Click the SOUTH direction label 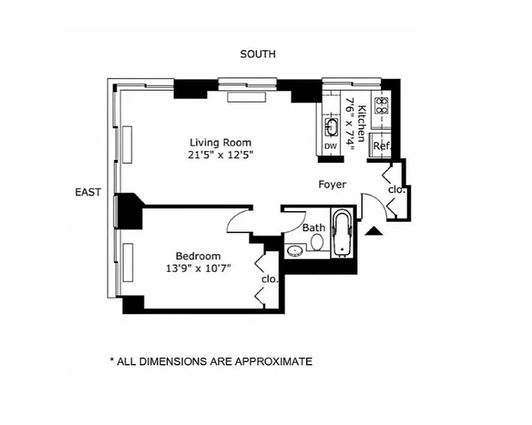258,54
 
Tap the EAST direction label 88,192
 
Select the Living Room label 221,142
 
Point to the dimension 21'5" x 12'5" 221,155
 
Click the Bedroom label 198,256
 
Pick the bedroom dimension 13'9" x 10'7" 198,268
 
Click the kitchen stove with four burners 381,106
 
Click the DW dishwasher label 330,146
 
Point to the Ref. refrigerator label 382,146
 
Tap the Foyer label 332,184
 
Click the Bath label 314,227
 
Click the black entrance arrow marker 374,230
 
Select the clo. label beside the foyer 396,189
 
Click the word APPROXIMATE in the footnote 273,362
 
